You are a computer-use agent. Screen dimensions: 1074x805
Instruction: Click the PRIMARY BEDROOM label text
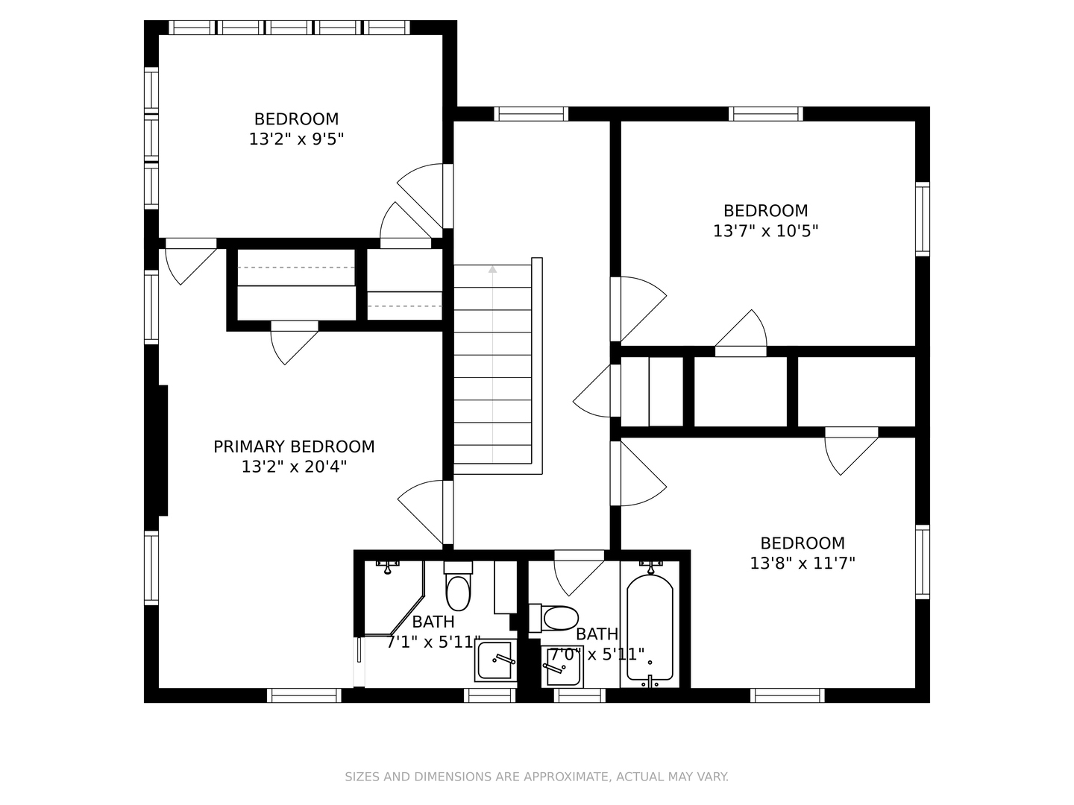point(294,446)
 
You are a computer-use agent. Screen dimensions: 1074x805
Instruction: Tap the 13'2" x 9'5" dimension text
point(297,139)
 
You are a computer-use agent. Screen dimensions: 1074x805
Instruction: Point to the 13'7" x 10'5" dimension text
point(765,231)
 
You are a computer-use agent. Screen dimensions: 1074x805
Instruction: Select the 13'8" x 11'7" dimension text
point(803,563)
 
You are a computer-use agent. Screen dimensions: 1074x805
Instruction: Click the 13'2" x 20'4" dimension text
point(294,467)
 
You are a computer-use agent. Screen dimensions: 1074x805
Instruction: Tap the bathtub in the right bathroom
point(650,628)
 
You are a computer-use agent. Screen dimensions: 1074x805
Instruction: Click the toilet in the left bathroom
point(458,587)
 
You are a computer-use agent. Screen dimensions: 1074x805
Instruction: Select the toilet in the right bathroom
point(554,619)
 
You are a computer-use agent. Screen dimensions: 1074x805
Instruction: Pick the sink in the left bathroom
point(495,660)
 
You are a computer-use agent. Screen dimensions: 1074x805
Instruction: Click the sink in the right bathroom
point(562,666)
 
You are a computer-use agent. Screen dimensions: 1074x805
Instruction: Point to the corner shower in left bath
point(395,599)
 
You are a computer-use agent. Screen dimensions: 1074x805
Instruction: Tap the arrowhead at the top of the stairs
point(493,269)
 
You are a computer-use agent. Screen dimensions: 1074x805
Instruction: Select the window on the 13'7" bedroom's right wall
point(923,219)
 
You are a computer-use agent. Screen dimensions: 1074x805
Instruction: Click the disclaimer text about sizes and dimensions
point(537,777)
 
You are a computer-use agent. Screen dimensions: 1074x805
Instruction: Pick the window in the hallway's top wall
point(531,114)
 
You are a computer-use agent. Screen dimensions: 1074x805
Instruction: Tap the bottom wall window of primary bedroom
point(304,695)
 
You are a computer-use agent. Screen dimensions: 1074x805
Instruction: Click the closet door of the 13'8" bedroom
point(852,451)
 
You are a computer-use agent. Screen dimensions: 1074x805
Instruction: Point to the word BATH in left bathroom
point(433,622)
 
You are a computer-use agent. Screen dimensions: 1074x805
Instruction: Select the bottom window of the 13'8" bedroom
point(788,695)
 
